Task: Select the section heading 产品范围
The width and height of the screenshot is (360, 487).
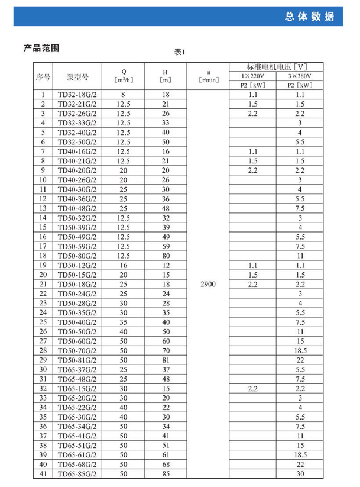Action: tap(41, 49)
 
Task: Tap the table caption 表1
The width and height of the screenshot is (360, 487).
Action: tap(180, 52)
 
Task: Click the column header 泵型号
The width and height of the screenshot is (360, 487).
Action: tap(77, 77)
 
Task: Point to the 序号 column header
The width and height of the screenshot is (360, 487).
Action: tap(43, 77)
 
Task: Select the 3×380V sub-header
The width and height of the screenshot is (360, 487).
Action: tap(300, 76)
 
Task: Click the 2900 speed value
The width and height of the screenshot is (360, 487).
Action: tap(208, 284)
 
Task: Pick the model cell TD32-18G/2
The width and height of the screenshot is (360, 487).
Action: tap(77, 95)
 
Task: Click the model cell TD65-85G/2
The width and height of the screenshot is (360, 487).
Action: tap(77, 473)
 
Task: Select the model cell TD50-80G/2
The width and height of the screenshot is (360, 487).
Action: tap(77, 256)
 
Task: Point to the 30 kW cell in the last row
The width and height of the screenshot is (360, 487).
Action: tap(300, 473)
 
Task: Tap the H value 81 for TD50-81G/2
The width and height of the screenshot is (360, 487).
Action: tap(166, 360)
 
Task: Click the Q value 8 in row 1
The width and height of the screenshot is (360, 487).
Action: tap(124, 95)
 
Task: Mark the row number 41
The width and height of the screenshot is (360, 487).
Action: tap(43, 473)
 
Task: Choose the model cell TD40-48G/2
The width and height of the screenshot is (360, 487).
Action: tap(77, 208)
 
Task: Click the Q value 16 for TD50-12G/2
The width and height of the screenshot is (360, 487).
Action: tap(124, 265)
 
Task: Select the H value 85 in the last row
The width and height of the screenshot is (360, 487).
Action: tap(166, 473)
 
